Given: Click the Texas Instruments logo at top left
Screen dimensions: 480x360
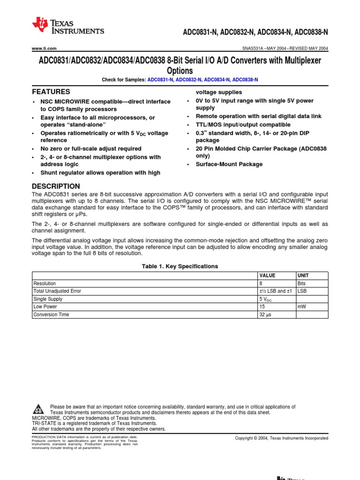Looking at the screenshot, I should tap(68, 26).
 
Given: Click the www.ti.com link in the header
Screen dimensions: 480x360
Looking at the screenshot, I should tap(44, 49).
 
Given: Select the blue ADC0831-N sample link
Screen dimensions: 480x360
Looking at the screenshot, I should tap(161, 80).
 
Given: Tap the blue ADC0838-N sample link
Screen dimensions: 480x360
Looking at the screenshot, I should tap(245, 80).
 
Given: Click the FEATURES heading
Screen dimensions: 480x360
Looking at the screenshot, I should tap(51, 92).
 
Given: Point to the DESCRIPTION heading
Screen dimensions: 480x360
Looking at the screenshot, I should tap(56, 186).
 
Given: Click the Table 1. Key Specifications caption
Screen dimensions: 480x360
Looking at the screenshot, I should tap(180, 266).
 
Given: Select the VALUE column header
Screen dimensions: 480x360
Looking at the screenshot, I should tap(268, 276).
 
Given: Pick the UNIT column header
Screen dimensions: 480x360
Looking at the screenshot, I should tap(303, 276).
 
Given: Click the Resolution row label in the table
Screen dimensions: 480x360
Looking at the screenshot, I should tap(45, 284).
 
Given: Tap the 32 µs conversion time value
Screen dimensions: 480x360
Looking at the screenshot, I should tap(265, 315).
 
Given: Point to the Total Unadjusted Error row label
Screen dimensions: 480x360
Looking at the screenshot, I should tap(57, 291).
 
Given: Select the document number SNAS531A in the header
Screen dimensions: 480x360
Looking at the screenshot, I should tap(253, 49).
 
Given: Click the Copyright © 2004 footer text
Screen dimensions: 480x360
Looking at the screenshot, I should tap(281, 438).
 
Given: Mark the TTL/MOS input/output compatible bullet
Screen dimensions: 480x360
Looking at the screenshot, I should tap(243, 125).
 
